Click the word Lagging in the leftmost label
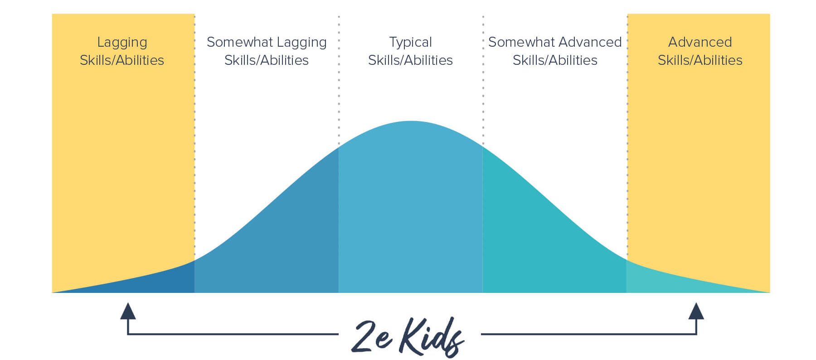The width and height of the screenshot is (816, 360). tap(122, 43)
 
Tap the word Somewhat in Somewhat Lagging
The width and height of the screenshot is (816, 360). tap(240, 42)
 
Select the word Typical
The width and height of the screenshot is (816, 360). tap(410, 43)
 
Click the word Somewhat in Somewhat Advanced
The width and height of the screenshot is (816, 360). tap(521, 42)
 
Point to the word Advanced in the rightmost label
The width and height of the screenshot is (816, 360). tap(700, 42)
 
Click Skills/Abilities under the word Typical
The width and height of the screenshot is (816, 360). tap(410, 60)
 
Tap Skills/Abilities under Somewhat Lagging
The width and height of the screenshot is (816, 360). tap(267, 60)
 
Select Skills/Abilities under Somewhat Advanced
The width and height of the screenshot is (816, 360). tap(555, 60)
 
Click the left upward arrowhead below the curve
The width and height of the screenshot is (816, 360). tap(128, 311)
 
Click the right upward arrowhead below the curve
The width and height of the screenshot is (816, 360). tap(696, 311)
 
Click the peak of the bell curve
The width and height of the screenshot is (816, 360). tap(411, 121)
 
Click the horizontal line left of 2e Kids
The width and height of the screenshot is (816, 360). tap(233, 334)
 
